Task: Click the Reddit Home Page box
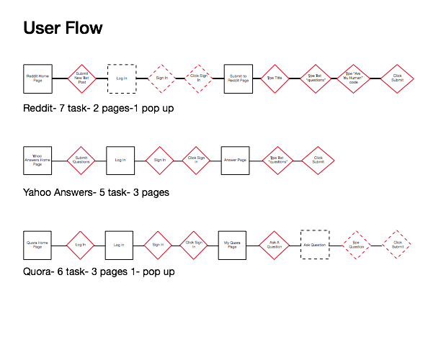[x=37, y=78]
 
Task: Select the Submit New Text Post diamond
[x=81, y=78]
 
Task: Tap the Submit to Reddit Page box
[x=238, y=78]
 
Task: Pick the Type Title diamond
[x=274, y=78]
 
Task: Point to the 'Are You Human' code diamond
[x=353, y=78]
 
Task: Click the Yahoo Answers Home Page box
[x=37, y=160]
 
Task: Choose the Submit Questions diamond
[x=81, y=160]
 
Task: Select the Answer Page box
[x=235, y=160]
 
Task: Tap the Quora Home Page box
[x=37, y=245]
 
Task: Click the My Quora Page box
[x=232, y=245]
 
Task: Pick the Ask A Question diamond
[x=274, y=245]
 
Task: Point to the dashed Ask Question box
[x=315, y=245]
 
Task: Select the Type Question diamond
[x=357, y=245]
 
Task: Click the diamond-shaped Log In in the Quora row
[x=80, y=245]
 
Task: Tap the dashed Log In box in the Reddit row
[x=122, y=78]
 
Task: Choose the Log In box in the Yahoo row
[x=120, y=160]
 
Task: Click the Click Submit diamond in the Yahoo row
[x=318, y=160]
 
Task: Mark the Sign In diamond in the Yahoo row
[x=159, y=160]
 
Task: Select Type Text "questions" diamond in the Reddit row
[x=315, y=78]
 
